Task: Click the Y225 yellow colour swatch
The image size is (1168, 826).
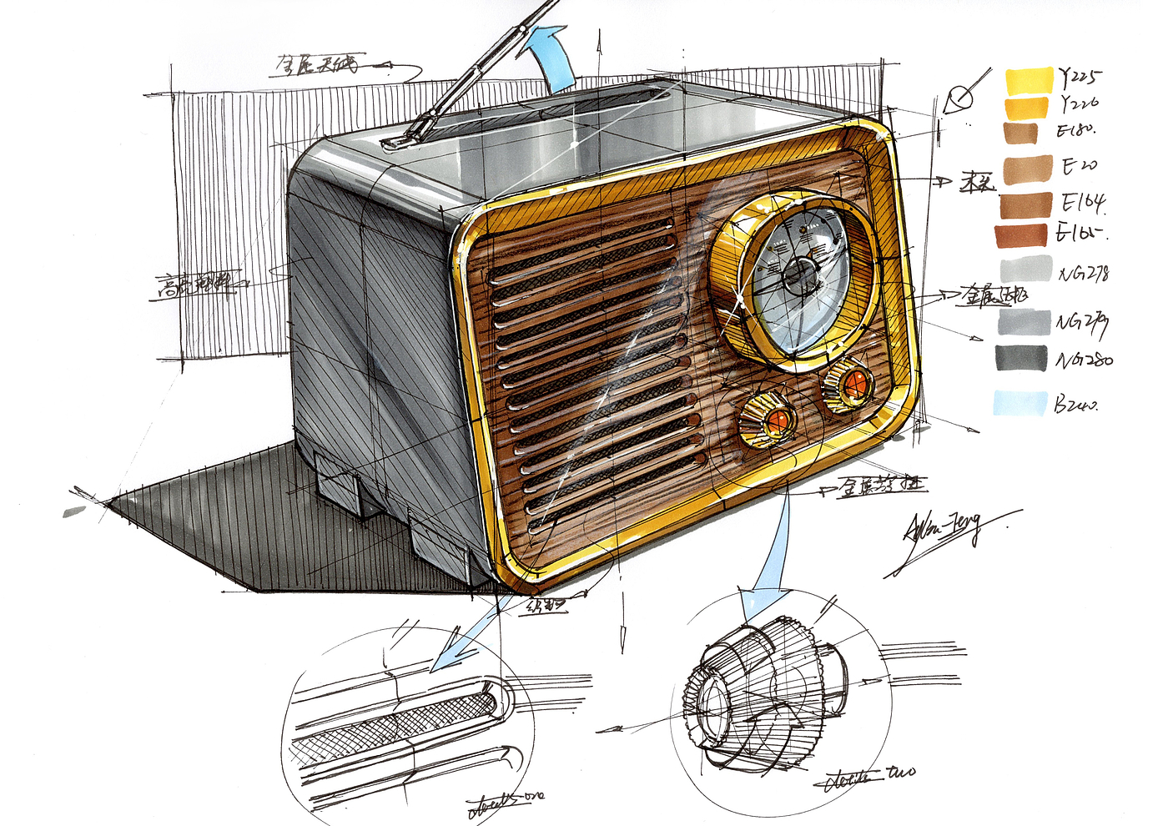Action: (1029, 81)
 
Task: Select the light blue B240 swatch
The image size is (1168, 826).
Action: (1019, 403)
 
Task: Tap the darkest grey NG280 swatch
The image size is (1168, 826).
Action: (1019, 358)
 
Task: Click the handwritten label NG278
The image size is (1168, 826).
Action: (1084, 273)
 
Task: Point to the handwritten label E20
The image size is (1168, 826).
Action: (1079, 166)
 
